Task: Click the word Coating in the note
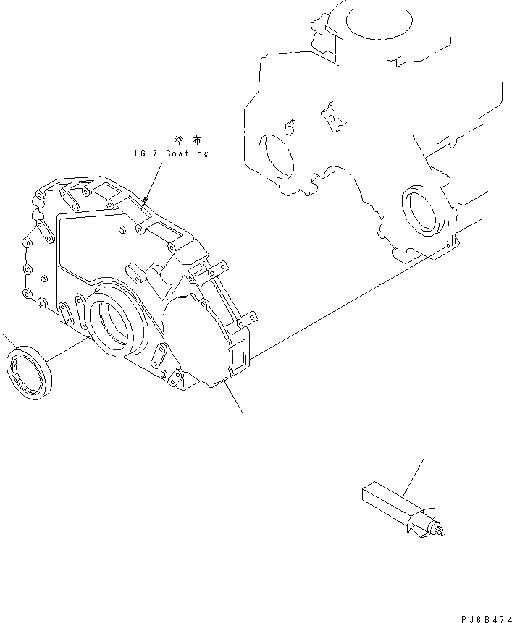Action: click(187, 153)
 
